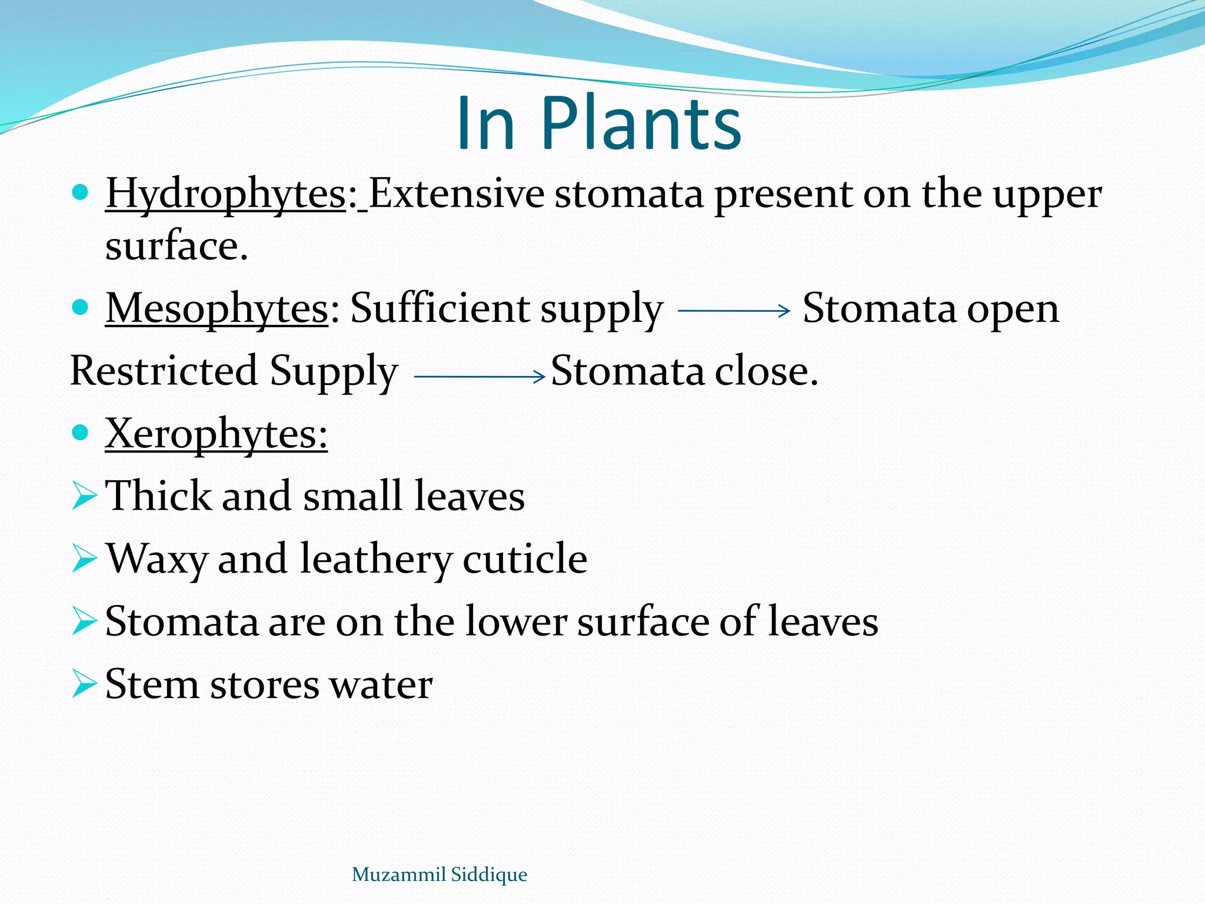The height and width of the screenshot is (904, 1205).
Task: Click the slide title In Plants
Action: [x=598, y=124]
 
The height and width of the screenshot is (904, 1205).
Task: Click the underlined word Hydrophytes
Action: [x=225, y=195]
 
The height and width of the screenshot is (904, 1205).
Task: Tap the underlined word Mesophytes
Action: [x=217, y=309]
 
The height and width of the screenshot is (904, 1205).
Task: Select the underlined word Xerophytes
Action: [x=215, y=434]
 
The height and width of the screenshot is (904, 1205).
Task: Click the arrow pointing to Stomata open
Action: [x=734, y=310]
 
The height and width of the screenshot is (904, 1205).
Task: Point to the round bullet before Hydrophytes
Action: [x=79, y=192]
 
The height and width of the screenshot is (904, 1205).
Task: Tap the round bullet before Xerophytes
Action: [x=79, y=433]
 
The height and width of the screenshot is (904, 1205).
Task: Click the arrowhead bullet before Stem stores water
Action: [x=84, y=684]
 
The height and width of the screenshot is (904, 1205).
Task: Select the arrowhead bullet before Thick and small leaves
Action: [x=84, y=496]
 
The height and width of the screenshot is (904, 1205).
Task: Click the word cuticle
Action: [x=525, y=559]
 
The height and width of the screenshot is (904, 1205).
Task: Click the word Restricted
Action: [x=164, y=371]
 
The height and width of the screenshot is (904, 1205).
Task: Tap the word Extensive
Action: [x=457, y=194]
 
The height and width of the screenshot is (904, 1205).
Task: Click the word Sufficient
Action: [x=440, y=308]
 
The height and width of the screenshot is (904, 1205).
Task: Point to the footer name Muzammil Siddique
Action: [x=439, y=874]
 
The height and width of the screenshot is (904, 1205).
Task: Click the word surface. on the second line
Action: [x=177, y=246]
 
